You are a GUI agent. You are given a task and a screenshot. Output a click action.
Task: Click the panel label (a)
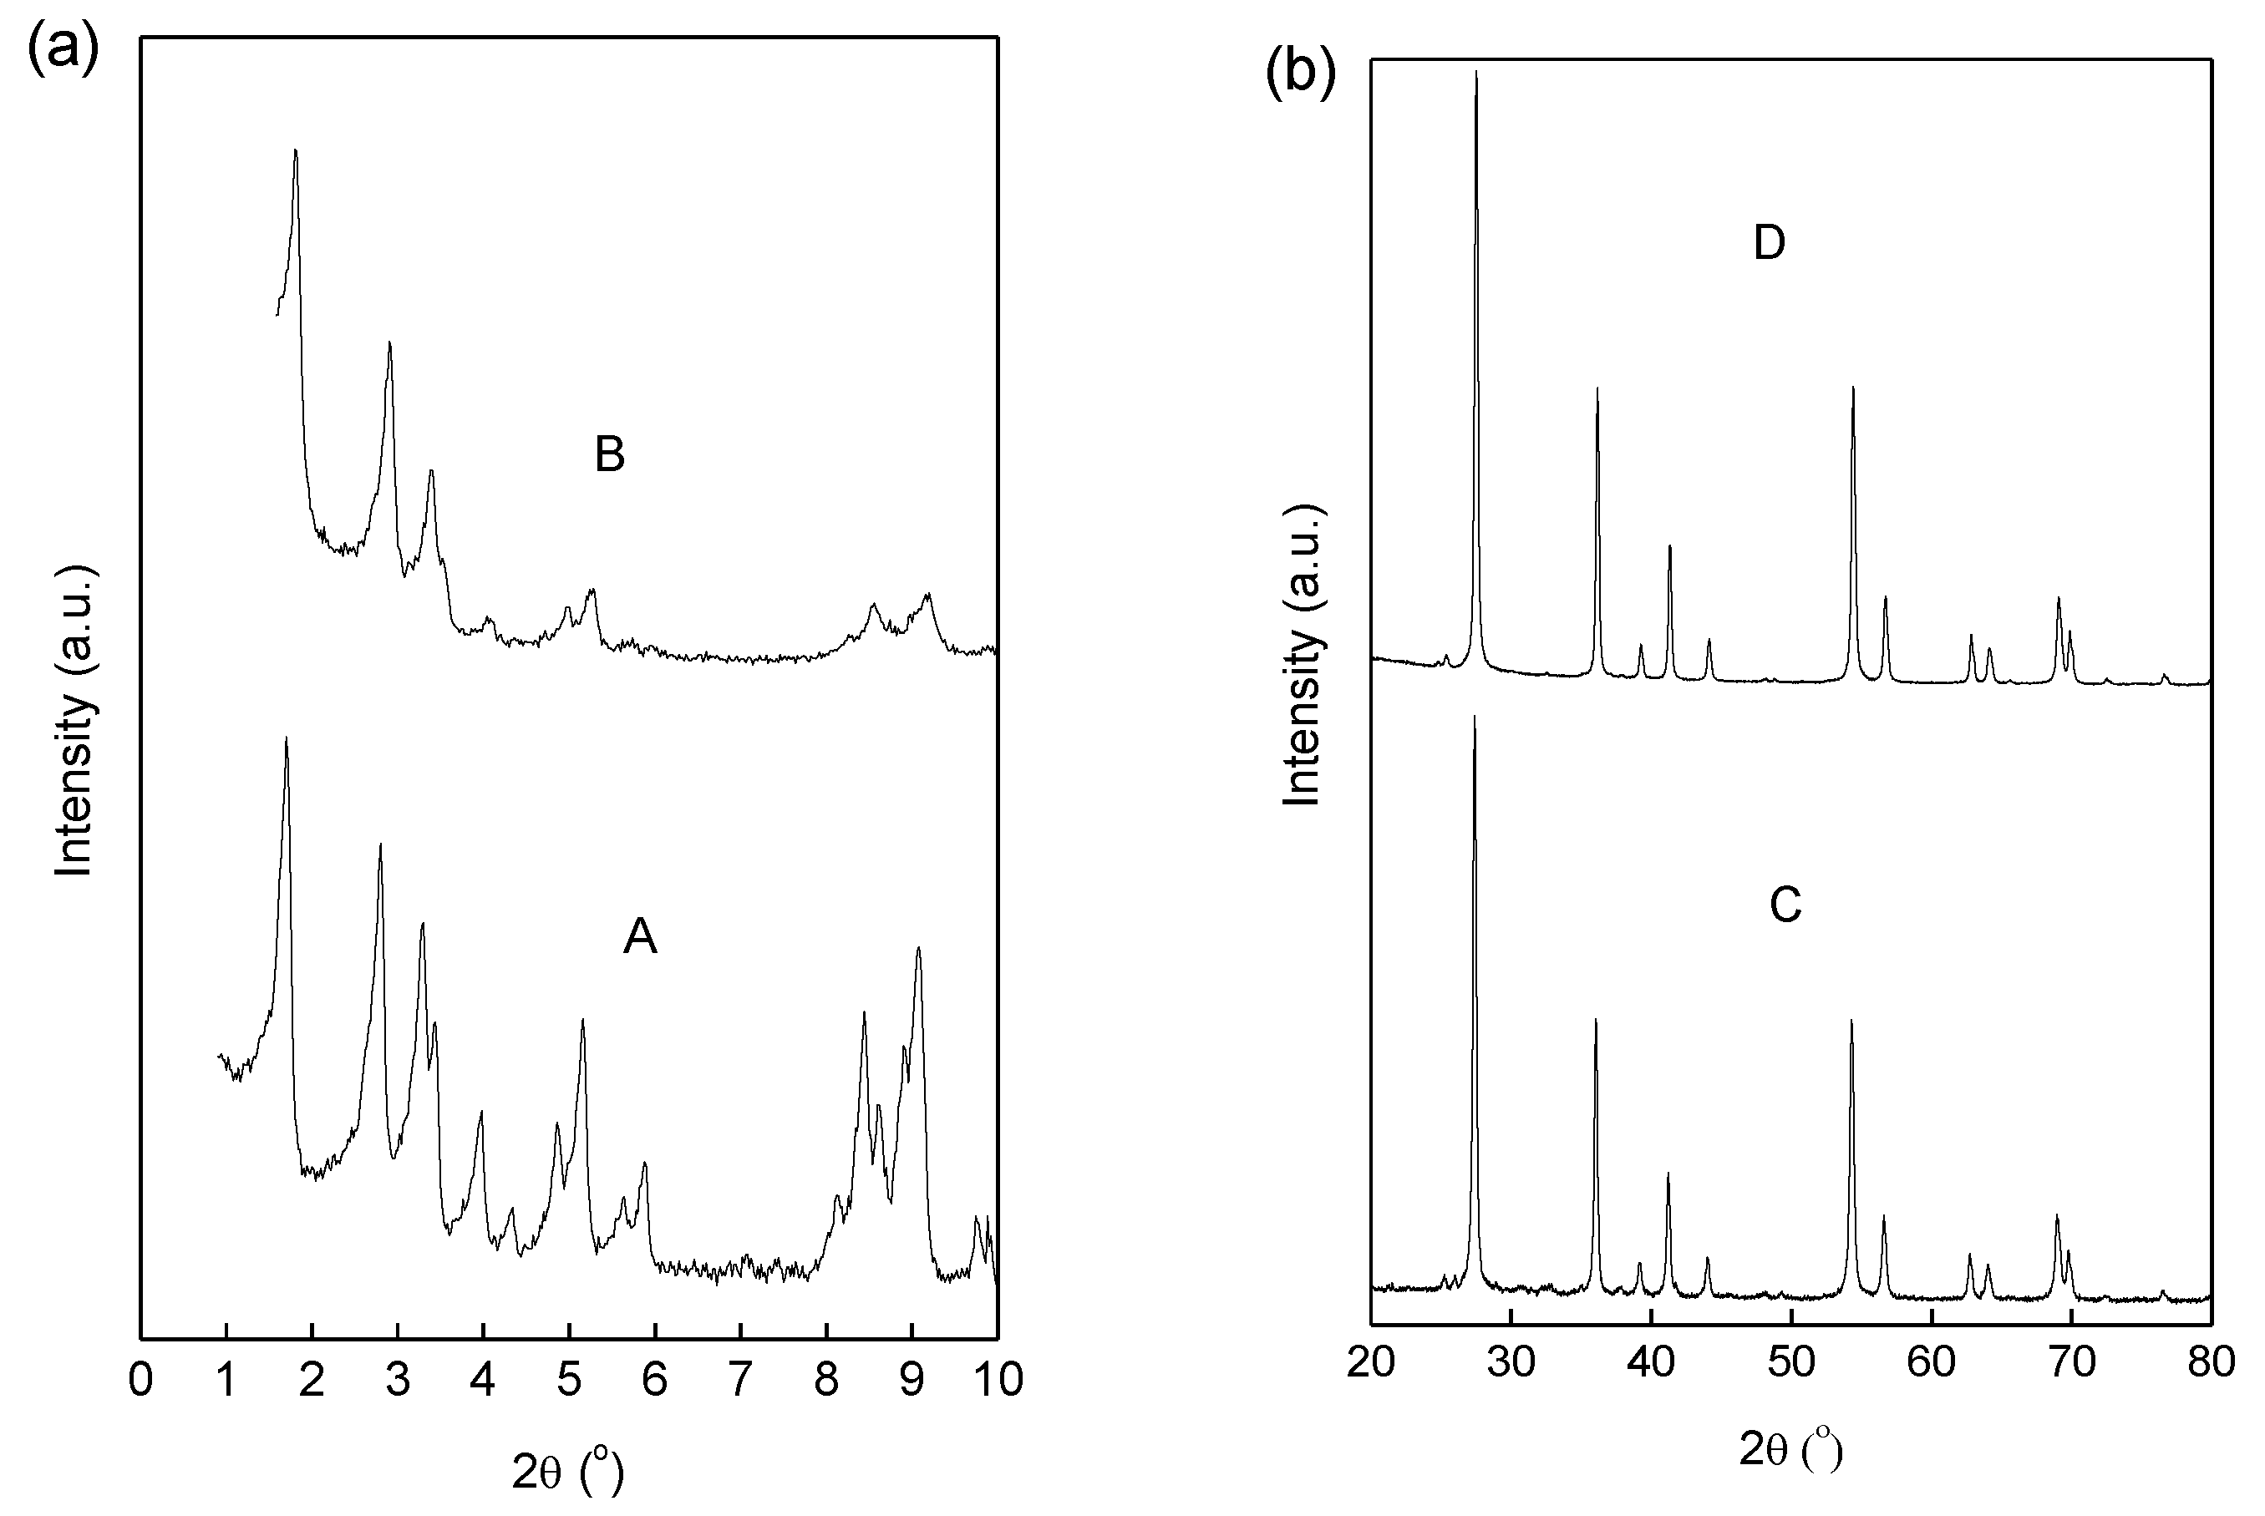point(62,48)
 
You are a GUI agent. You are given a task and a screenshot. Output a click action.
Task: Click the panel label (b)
point(1300,73)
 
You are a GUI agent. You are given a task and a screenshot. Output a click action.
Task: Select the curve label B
point(609,454)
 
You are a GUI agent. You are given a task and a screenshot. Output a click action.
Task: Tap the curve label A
point(640,935)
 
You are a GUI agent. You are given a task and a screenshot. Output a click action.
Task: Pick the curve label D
point(1769,243)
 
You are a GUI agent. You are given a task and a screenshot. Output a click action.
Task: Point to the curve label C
point(1785,905)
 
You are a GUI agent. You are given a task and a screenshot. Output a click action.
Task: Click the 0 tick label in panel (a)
point(141,1380)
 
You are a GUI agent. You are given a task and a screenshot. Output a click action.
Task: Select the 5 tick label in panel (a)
point(570,1380)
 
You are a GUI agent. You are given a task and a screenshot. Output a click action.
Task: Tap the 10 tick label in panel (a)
point(997,1380)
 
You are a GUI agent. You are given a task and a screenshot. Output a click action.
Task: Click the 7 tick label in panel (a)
point(741,1380)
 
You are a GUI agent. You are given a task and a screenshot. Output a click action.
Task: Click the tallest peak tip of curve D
point(1475,72)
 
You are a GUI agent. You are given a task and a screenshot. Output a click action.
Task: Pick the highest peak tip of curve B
point(295,150)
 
